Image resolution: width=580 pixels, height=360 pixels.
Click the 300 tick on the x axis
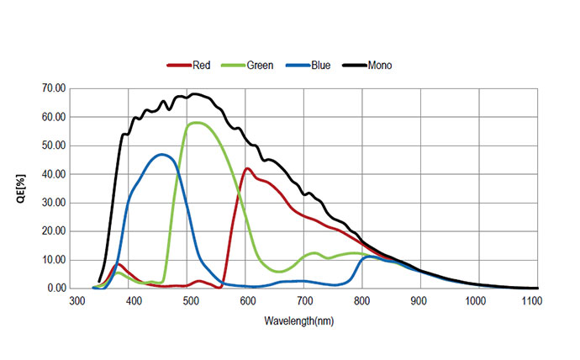tap(76, 300)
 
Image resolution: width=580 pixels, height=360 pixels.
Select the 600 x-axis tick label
tap(248, 300)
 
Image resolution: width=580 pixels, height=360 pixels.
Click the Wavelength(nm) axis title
tap(305, 320)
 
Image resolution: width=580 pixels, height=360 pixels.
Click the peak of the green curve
tap(195, 123)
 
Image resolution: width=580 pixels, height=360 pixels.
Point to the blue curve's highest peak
tap(161, 154)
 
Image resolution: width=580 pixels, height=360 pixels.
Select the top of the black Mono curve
tap(194, 94)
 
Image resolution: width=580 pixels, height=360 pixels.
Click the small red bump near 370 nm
tap(119, 265)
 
